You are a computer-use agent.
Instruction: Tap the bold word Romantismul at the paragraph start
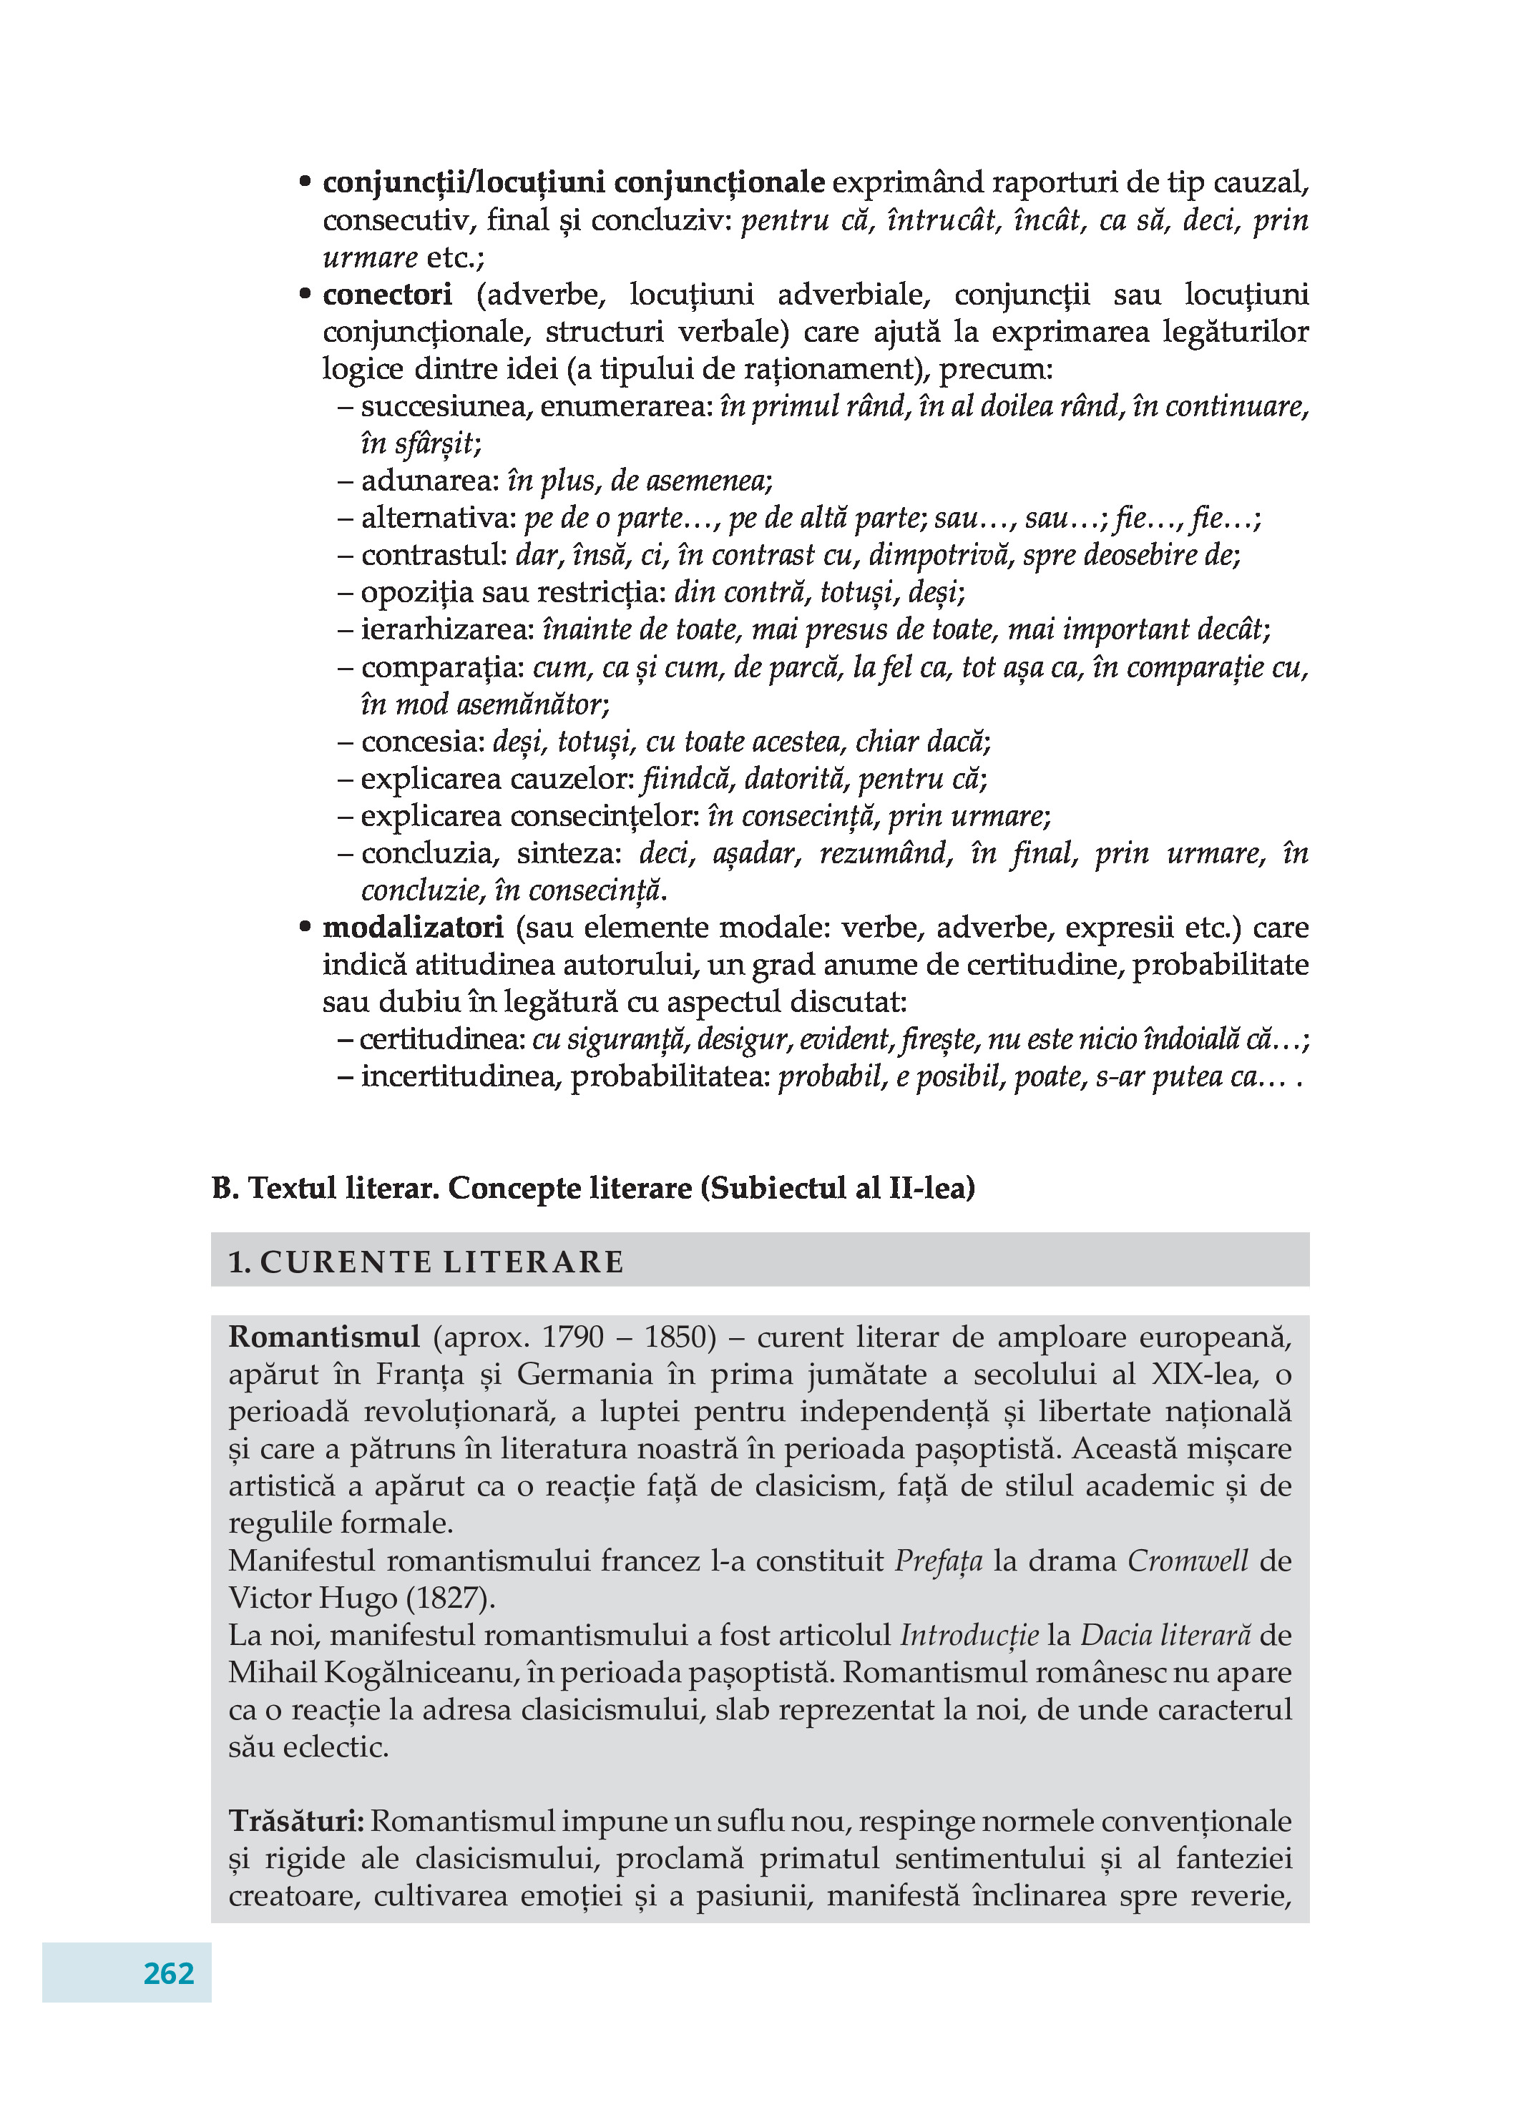click(324, 1337)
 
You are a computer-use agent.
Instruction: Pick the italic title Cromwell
click(1188, 1561)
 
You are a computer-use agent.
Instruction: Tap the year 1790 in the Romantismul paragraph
click(573, 1337)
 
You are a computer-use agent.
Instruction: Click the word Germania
click(586, 1375)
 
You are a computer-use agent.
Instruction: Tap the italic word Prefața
click(938, 1561)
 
